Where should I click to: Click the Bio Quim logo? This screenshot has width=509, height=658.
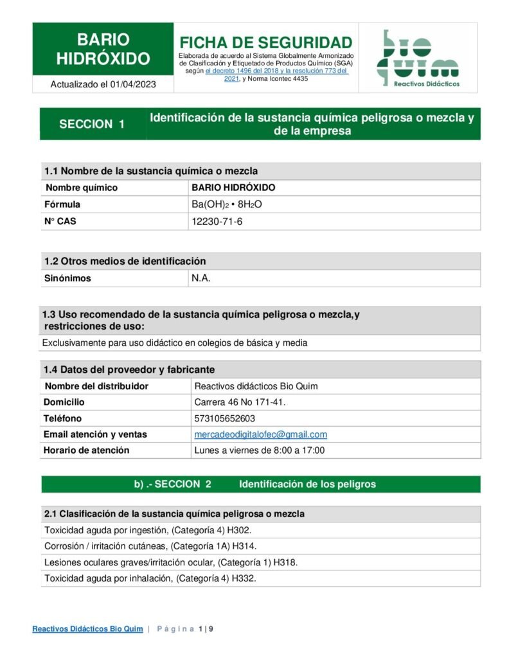coord(418,58)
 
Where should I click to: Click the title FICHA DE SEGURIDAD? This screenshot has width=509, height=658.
coord(265,42)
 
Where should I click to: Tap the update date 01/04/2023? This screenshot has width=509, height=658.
coord(132,84)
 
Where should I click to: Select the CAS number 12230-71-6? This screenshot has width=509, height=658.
coord(217,222)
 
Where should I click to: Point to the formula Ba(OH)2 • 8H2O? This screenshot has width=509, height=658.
coord(228,205)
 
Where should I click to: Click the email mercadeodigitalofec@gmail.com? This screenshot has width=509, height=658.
coord(260,434)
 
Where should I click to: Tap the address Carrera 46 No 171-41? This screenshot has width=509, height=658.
coord(240,402)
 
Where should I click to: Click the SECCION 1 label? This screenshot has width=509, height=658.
coord(92,124)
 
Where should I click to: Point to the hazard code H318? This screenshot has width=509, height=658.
coord(285,562)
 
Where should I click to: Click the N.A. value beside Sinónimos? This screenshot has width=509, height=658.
coord(201,278)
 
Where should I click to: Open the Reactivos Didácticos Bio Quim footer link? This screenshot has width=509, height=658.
coord(87,629)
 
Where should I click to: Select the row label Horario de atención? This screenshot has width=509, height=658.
coord(86,450)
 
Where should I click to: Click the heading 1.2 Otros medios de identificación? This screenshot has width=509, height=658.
coord(125,262)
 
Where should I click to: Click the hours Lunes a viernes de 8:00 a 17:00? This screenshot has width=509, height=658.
coord(259,450)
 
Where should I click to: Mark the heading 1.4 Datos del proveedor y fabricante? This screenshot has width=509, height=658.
coord(129,369)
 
